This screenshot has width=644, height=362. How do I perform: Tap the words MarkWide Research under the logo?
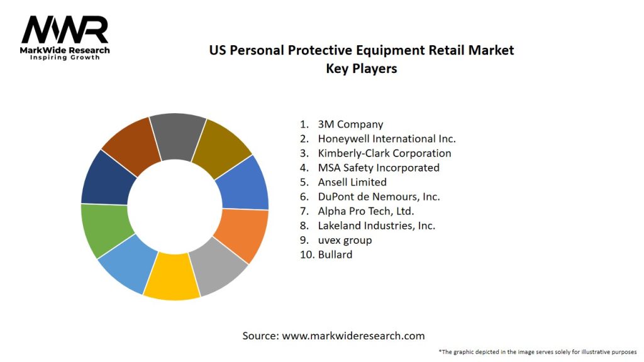coord(65,50)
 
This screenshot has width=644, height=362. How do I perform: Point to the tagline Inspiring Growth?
coord(65,58)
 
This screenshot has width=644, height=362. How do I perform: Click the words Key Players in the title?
coord(361,69)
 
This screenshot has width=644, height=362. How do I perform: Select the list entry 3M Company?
coord(350,124)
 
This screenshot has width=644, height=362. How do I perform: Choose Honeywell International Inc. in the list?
coord(386,139)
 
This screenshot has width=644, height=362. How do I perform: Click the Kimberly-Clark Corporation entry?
coord(384,153)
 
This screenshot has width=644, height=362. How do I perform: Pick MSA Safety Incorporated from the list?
coord(379,168)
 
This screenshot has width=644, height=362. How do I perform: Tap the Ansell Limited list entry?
coord(352,182)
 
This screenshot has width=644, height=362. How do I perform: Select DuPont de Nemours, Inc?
coord(379,197)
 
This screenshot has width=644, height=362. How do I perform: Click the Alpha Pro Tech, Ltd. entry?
coord(366,211)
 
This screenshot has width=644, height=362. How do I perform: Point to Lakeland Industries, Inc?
coord(376,226)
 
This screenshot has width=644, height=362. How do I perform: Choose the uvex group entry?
coord(345,240)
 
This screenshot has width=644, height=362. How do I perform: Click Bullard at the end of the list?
coord(335,255)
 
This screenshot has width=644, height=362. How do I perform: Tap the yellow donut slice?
coord(171,276)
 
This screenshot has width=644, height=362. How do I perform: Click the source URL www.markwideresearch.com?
coord(353,336)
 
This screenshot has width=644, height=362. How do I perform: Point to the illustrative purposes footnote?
coord(538,351)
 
